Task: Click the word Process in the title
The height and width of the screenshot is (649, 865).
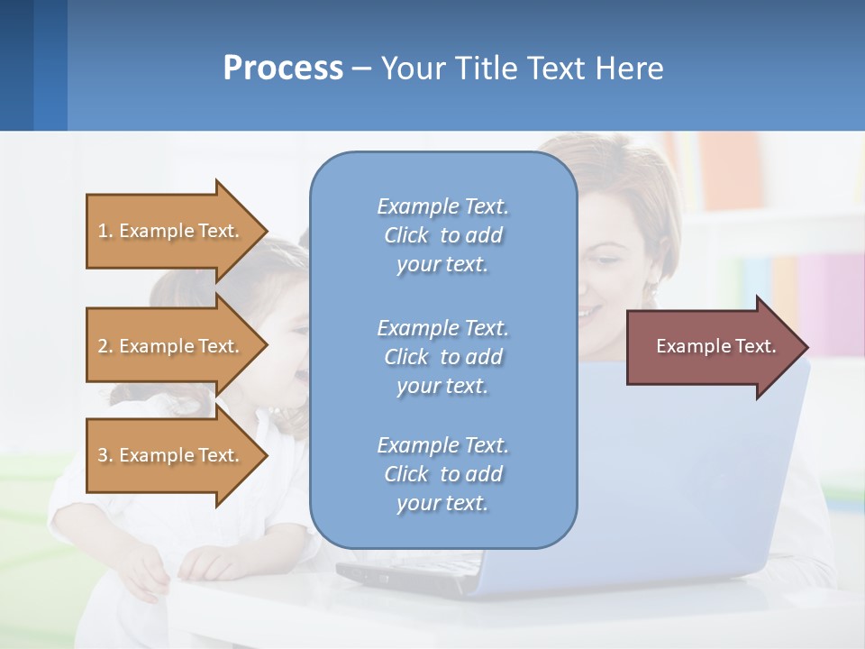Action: (x=283, y=68)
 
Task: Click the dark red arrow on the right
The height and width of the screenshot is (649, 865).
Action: (x=712, y=347)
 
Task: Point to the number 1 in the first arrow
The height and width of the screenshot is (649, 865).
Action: (x=103, y=231)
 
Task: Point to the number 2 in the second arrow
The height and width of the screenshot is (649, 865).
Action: (x=103, y=346)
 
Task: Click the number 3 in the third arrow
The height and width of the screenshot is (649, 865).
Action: (x=103, y=455)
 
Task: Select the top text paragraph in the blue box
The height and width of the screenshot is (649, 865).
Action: (x=442, y=235)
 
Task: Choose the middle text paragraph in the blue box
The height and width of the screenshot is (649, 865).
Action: (x=442, y=357)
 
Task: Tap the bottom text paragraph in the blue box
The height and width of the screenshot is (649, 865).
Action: (x=442, y=474)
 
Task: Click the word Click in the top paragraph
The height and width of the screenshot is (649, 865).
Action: (x=405, y=235)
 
